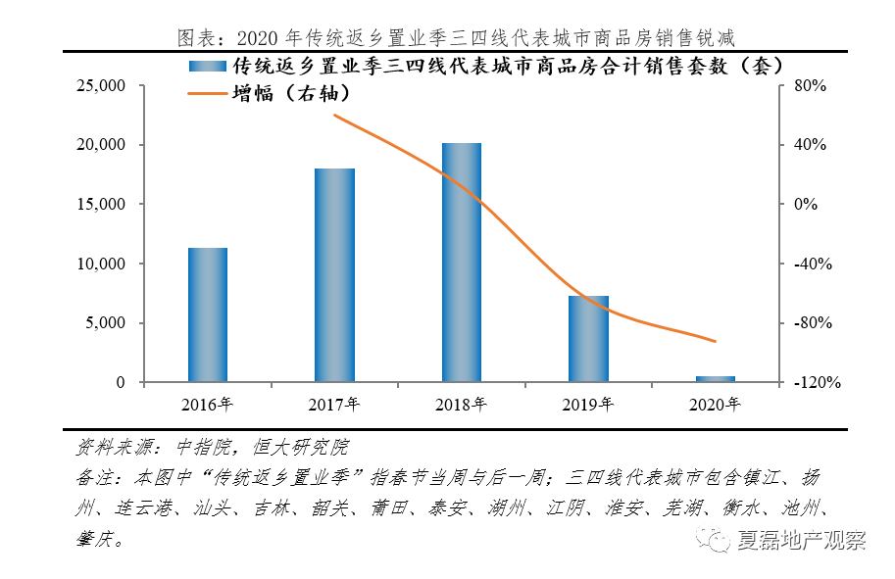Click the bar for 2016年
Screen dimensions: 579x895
click(207, 314)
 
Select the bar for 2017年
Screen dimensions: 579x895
click(334, 275)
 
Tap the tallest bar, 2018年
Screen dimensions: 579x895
click(462, 263)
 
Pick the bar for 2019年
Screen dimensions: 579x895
click(588, 338)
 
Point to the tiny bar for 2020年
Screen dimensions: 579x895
click(716, 378)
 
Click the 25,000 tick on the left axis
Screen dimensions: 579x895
click(100, 86)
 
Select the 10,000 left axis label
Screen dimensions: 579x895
click(100, 264)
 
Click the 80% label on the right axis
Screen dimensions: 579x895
click(811, 86)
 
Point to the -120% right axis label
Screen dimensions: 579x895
click(816, 383)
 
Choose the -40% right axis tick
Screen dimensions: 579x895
click(813, 264)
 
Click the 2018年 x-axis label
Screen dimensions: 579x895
click(461, 404)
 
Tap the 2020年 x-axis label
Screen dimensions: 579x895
click(716, 404)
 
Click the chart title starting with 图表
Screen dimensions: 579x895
click(456, 37)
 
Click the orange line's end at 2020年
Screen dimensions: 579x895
click(716, 341)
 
